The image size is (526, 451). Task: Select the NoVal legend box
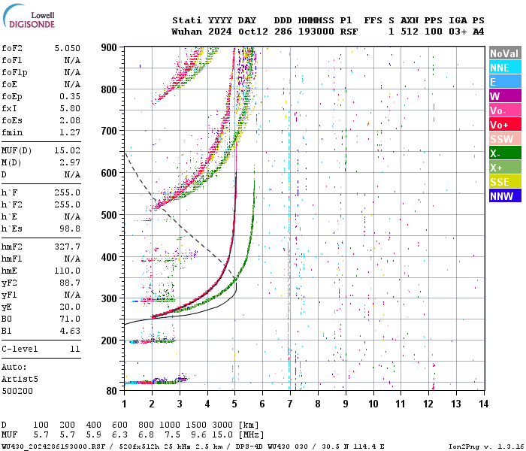[504, 53]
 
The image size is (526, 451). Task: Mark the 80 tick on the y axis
[113, 391]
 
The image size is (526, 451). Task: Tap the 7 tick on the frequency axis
[289, 404]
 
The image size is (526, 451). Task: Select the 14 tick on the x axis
[482, 404]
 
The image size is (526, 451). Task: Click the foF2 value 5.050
[67, 47]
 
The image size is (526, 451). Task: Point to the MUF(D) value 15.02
[67, 151]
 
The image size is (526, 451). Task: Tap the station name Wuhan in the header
[186, 32]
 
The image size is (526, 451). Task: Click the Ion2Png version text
[485, 446]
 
